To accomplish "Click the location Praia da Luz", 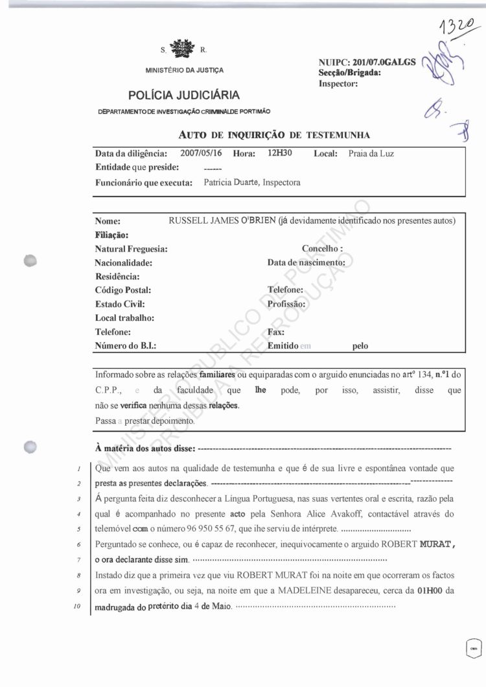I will pos(371,154).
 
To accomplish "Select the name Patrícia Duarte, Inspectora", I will pos(251,183).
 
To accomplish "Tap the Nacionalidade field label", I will pos(123,262).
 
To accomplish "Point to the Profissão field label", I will pos(286,303).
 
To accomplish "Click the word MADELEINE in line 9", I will pos(307,591).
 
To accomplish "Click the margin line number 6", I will pos(77,542).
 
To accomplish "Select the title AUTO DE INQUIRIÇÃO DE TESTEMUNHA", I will pos(273,135).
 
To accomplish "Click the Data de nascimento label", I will pos(306,262).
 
